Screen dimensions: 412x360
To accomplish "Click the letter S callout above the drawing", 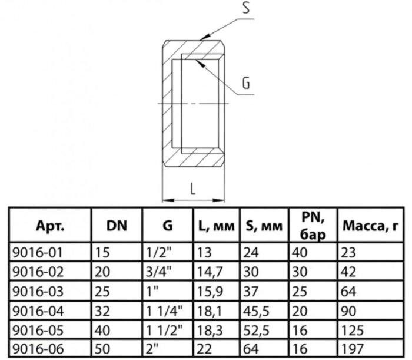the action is (245, 8).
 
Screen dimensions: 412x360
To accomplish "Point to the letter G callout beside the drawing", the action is (245, 83).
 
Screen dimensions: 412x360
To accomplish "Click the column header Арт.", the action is (50, 226).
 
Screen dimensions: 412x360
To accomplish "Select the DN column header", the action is (117, 226).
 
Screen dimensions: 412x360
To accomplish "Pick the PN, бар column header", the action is (313, 225).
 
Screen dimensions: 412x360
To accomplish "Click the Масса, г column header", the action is (370, 226).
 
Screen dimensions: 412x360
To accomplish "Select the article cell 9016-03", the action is (38, 292).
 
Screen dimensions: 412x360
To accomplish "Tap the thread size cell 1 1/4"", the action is (164, 311).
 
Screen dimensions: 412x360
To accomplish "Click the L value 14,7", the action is (210, 272).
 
